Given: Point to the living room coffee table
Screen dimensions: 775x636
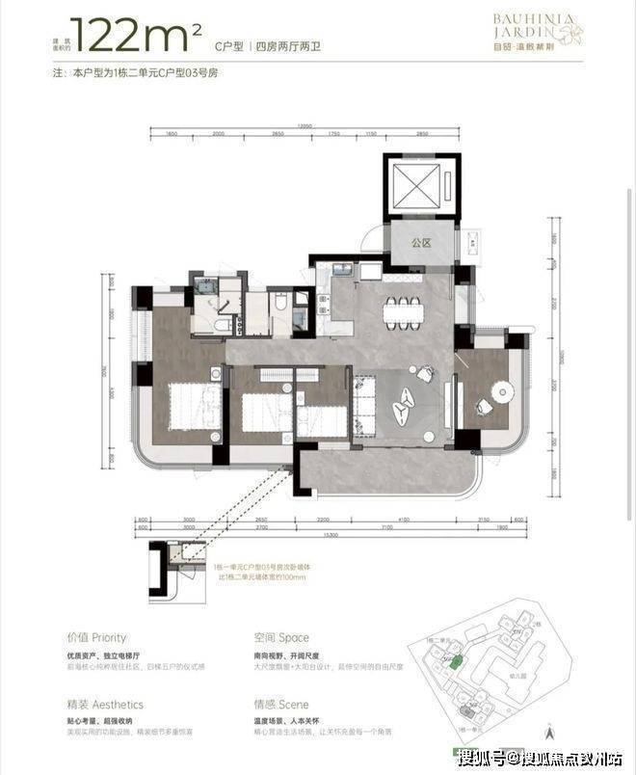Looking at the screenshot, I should click(x=407, y=403).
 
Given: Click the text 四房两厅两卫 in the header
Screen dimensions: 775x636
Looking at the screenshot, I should click(x=289, y=46).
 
